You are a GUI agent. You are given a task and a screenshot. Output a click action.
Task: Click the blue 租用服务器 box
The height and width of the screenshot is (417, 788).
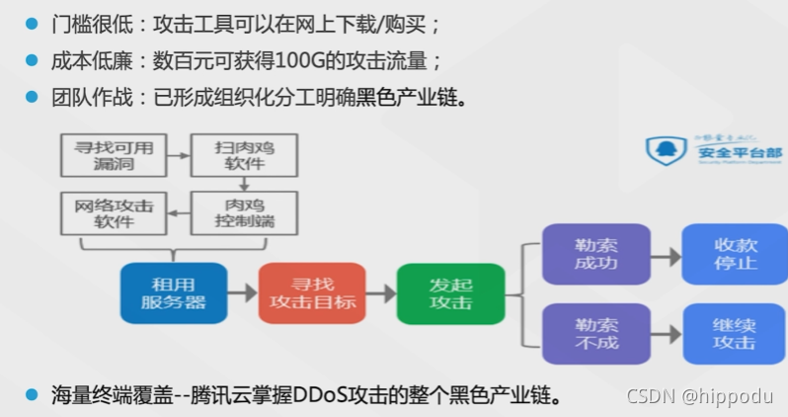(174, 292)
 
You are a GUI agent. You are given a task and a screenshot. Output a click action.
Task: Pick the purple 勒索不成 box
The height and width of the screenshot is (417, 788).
(595, 333)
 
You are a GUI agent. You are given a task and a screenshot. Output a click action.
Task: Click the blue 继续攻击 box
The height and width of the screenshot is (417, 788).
(734, 333)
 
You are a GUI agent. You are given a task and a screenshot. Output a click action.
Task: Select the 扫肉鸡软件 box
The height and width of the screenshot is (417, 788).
(244, 155)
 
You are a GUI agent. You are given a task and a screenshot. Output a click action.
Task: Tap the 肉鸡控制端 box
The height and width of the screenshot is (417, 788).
(244, 212)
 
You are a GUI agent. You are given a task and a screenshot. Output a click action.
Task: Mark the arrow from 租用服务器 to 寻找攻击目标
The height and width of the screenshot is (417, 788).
(242, 293)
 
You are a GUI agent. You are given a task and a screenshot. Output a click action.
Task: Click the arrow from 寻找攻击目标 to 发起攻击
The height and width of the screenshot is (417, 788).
(376, 293)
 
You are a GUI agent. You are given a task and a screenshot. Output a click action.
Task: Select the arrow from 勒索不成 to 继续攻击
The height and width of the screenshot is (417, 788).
(666, 334)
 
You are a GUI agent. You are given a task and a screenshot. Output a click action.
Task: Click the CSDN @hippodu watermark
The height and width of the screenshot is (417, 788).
(702, 397)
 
